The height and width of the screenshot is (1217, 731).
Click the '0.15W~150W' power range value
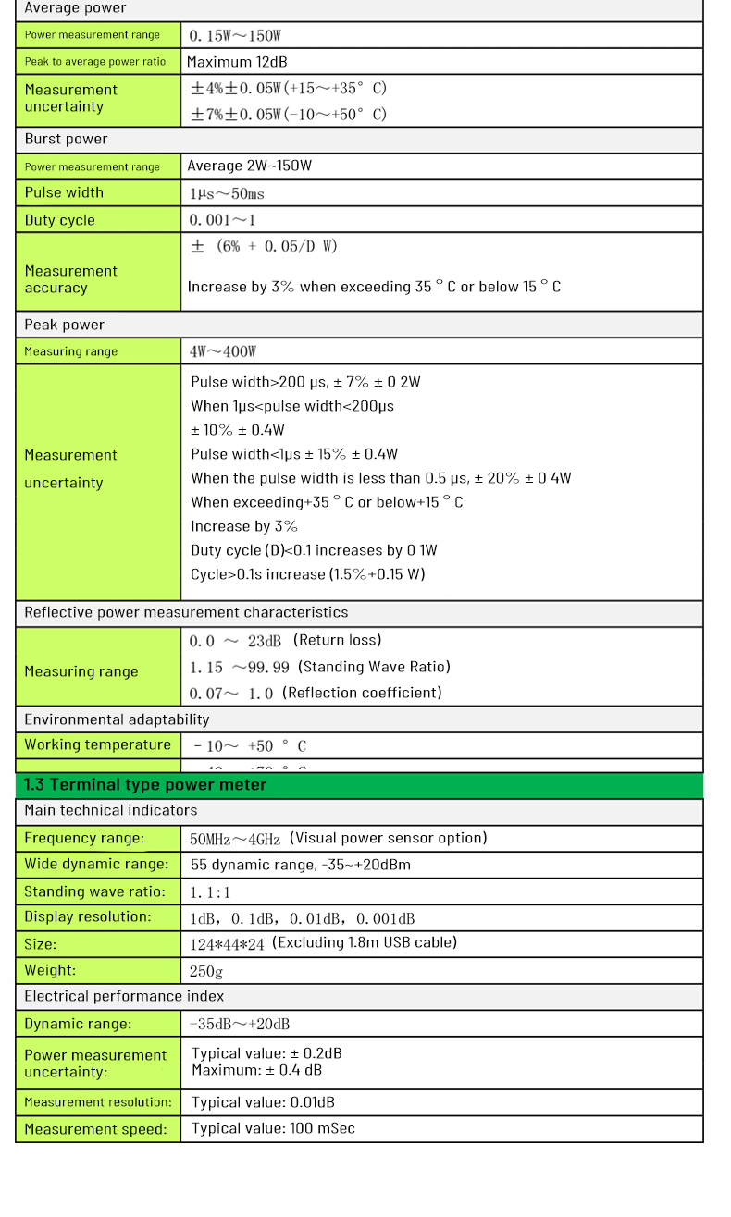coord(235,36)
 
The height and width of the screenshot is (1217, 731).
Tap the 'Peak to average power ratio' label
coord(95,62)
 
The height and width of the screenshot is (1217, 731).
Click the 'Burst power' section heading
coord(66,140)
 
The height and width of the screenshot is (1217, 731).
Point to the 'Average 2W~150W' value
coord(250,166)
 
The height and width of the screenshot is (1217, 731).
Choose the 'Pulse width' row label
coord(64,192)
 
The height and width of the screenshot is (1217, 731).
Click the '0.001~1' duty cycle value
coord(222,220)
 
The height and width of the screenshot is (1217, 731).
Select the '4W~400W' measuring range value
coord(223,351)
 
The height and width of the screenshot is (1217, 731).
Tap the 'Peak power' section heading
coord(64,325)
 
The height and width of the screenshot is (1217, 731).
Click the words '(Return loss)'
coord(338,640)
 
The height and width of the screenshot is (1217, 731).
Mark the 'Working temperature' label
coord(97,744)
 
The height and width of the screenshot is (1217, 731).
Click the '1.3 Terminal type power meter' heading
coord(145,785)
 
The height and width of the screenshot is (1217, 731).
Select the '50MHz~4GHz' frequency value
coord(235,839)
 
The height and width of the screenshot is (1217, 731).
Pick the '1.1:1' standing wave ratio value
coord(210,892)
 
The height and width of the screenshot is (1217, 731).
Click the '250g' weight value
coord(206,971)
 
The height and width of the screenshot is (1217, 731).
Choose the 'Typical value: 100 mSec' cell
coord(273,1128)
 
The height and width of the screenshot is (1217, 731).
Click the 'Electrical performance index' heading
coord(124,996)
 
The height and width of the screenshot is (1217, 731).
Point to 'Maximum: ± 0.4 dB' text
coord(257,1070)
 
